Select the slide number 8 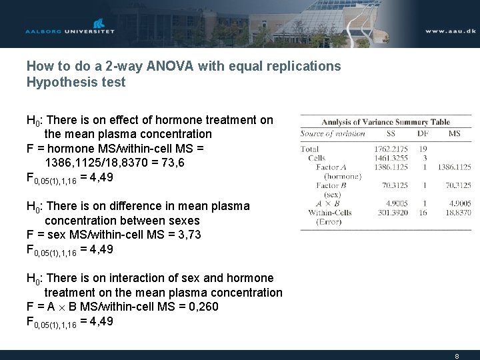(457, 356)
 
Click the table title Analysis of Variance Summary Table (385, 122)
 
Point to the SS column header (389, 133)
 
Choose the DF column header (423, 133)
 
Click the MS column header (455, 133)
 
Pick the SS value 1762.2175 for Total (390, 149)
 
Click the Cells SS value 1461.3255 (390, 158)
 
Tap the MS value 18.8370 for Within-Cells (458, 212)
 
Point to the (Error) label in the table (329, 221)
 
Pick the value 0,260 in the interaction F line (203, 307)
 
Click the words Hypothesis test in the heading (75, 83)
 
